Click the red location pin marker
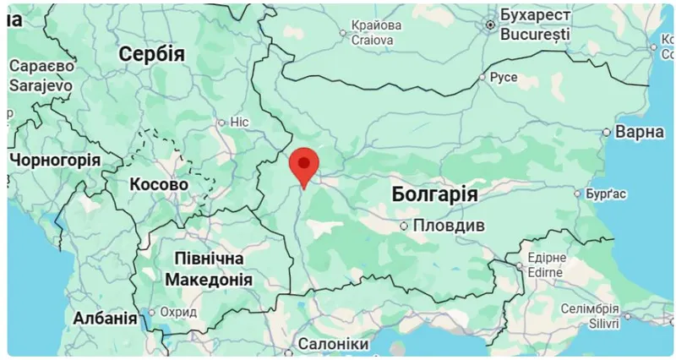(303, 163)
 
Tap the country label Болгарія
(435, 194)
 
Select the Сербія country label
(151, 54)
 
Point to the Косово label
(159, 184)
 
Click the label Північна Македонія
(208, 269)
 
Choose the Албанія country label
(105, 319)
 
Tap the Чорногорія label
(55, 160)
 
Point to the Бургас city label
(606, 194)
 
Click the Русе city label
(504, 78)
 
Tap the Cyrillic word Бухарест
(535, 17)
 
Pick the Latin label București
(535, 35)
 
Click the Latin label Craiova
(372, 40)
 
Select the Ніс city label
(240, 123)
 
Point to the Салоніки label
(333, 346)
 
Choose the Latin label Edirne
(546, 272)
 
